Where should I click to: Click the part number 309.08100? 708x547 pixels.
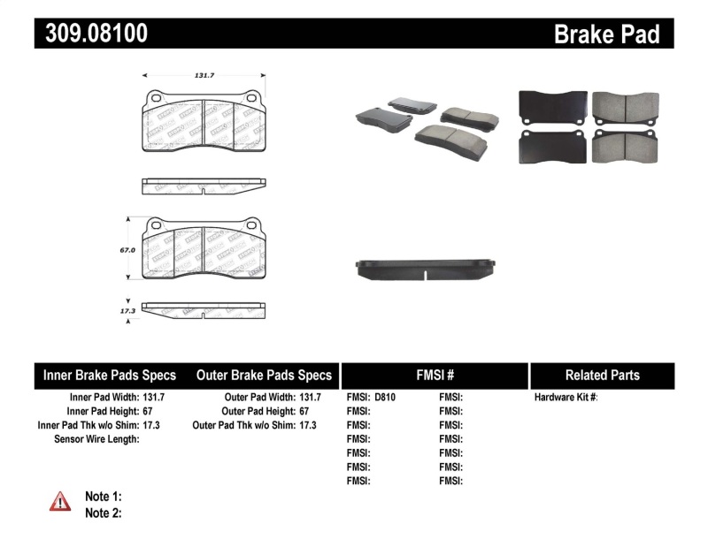click(x=92, y=34)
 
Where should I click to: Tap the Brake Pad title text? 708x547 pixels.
click(x=606, y=34)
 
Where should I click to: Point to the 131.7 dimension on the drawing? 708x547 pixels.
click(x=204, y=76)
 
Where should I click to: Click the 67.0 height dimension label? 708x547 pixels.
click(x=127, y=250)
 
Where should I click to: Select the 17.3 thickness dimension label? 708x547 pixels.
click(x=127, y=311)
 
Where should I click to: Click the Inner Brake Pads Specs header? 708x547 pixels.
click(x=110, y=376)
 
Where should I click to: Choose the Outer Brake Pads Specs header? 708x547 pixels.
click(x=264, y=376)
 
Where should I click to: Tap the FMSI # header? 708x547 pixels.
click(x=435, y=376)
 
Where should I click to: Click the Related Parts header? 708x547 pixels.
click(x=602, y=376)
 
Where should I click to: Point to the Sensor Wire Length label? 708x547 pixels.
click(x=96, y=439)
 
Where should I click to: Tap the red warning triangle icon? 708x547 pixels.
click(x=60, y=502)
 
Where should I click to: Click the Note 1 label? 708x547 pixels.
click(x=103, y=496)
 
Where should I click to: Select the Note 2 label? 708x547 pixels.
click(x=103, y=513)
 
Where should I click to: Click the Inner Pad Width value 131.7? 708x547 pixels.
click(x=154, y=398)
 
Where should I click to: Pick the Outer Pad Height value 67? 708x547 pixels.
click(x=304, y=412)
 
